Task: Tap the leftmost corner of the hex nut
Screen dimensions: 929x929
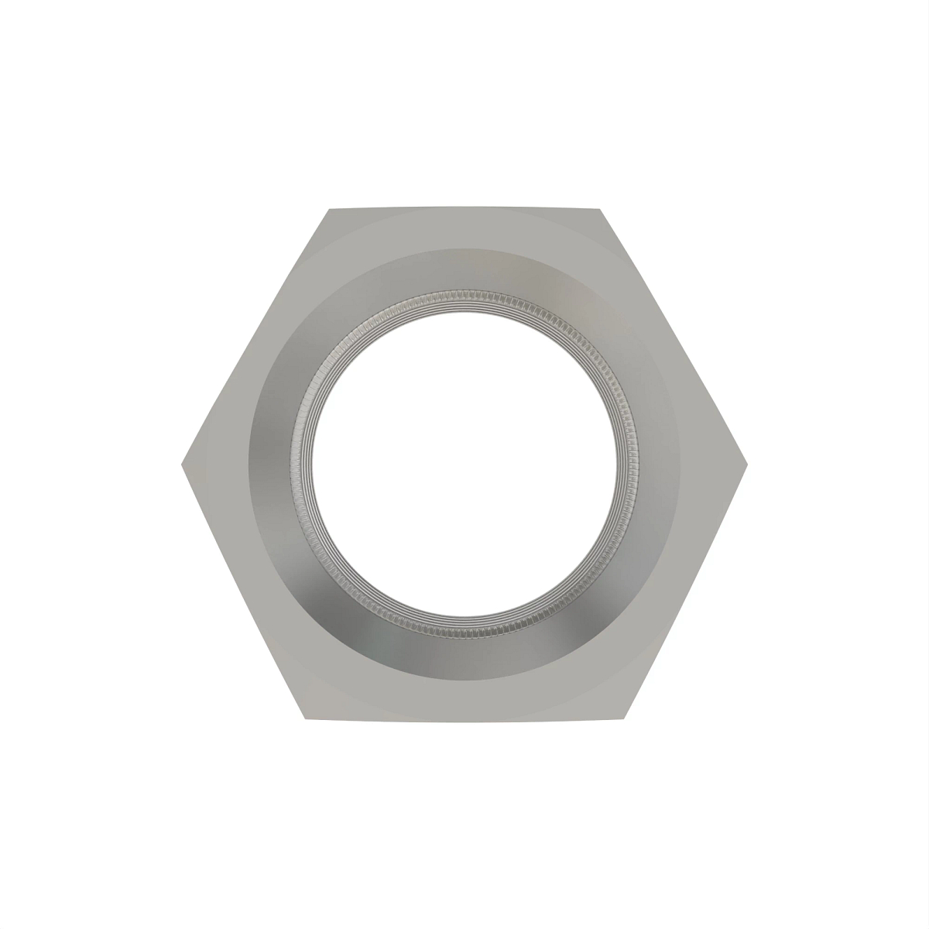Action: point(182,464)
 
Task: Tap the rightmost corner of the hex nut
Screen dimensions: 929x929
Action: point(747,464)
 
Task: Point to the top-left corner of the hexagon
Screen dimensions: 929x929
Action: point(328,209)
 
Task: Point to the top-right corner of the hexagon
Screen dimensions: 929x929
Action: point(601,209)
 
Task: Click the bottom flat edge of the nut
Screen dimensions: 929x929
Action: point(464,721)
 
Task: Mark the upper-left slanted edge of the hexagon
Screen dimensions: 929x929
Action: point(255,336)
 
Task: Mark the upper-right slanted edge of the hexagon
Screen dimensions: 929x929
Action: point(674,336)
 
